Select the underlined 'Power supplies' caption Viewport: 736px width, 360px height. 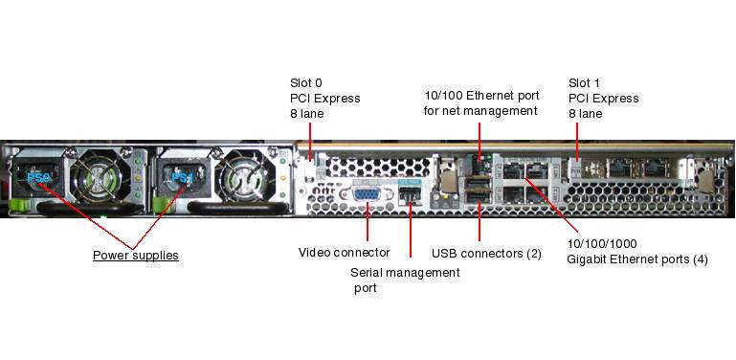[x=136, y=256]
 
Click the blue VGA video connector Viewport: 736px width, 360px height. [x=367, y=194]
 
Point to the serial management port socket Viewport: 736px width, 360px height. [x=410, y=194]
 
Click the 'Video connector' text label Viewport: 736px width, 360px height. [x=344, y=253]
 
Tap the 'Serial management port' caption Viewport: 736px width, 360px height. [x=405, y=280]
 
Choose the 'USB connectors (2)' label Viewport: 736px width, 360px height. [x=486, y=254]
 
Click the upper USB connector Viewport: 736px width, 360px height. [x=479, y=182]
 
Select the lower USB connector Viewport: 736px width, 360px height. [x=479, y=197]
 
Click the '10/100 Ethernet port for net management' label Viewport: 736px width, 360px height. [x=481, y=102]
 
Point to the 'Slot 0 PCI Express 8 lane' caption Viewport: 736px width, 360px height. [x=325, y=98]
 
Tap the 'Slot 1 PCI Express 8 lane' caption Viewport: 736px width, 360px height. [x=604, y=98]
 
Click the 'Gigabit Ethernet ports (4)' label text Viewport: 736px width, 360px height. [x=637, y=259]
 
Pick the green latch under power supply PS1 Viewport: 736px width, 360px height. [x=160, y=205]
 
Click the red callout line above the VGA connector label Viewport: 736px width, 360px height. [x=368, y=221]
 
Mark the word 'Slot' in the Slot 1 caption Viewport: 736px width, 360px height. [x=580, y=83]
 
